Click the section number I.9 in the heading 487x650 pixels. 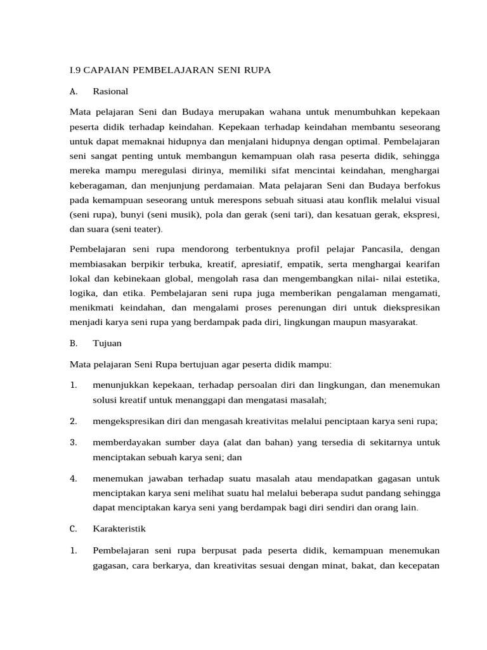76,70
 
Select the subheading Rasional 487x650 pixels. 110,91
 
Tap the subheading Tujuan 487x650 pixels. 107,343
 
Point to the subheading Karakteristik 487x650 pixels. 119,528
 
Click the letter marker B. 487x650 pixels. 74,343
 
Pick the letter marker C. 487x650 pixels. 74,528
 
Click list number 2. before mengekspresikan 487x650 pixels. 74,421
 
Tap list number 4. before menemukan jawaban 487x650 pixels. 74,478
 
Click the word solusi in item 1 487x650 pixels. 105,400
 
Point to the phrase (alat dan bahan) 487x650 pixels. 254,442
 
